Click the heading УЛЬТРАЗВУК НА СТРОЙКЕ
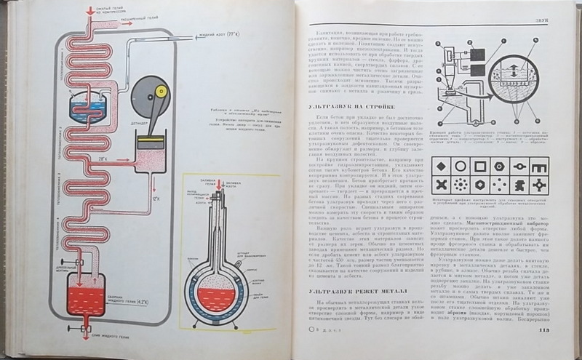click(x=338, y=106)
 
